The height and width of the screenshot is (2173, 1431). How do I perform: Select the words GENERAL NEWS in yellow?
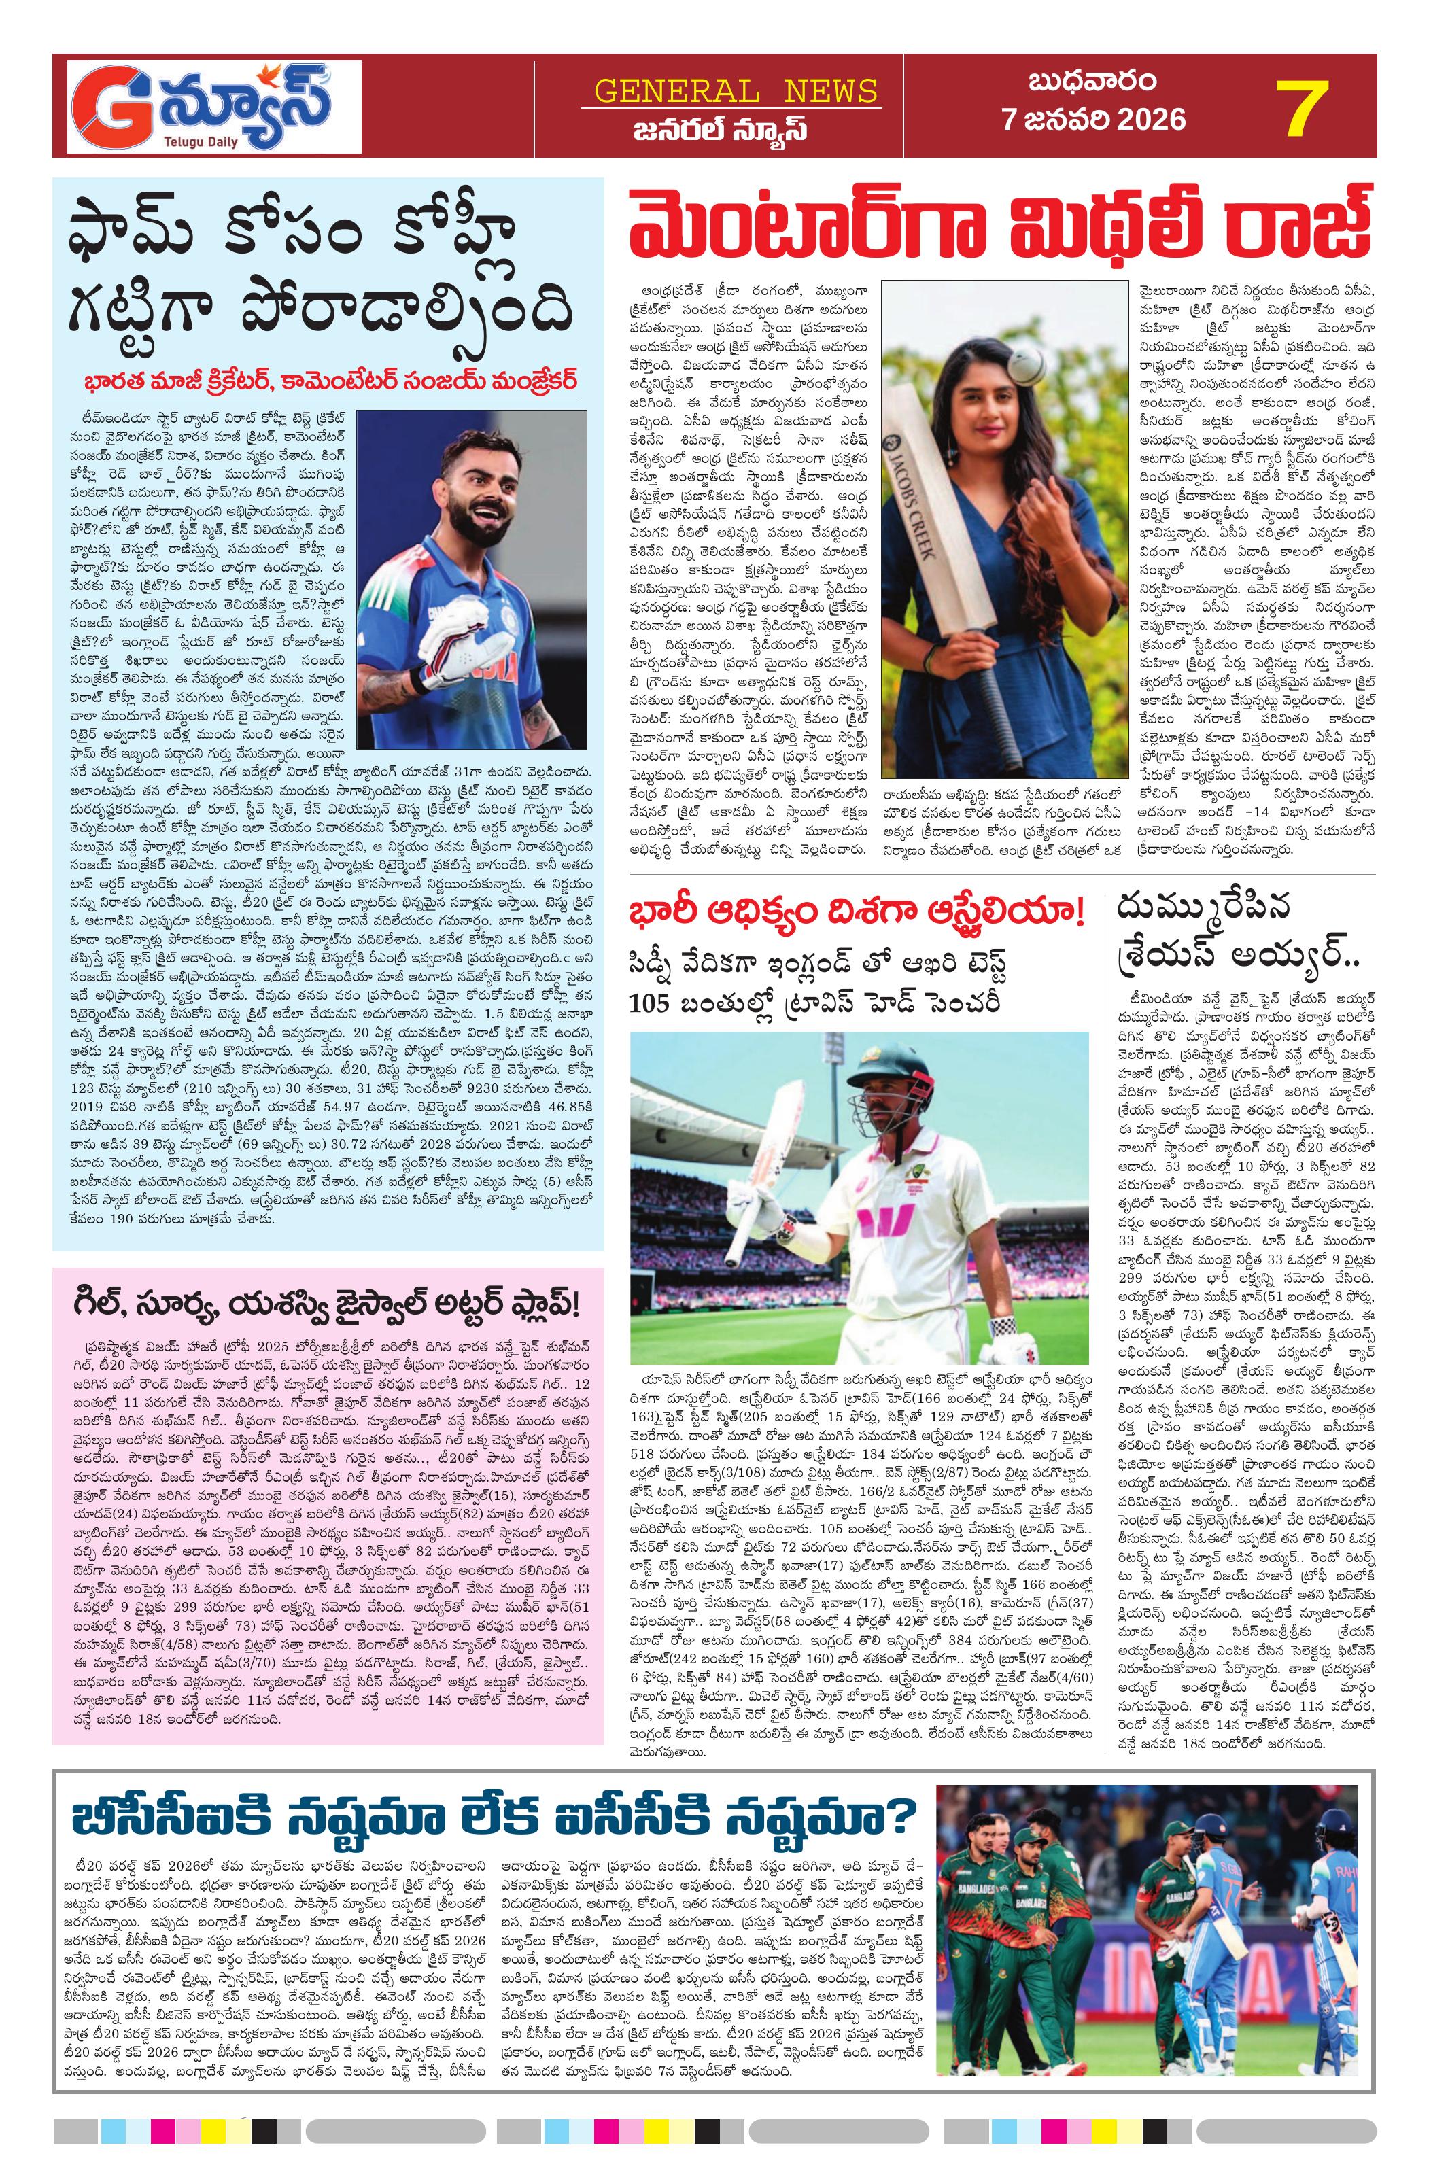click(x=735, y=90)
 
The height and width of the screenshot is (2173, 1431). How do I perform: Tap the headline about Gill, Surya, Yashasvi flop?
click(x=327, y=1306)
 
